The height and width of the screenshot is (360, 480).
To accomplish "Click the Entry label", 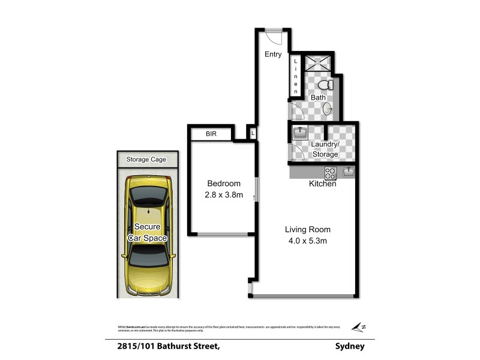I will click(x=273, y=55).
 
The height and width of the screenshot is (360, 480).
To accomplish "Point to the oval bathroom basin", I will click(x=328, y=109).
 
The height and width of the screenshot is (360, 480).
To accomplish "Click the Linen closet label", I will click(x=296, y=76).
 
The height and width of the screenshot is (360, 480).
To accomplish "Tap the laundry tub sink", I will click(x=299, y=133).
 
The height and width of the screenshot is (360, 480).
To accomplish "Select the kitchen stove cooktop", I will click(x=330, y=173).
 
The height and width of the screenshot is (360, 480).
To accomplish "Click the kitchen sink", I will click(x=349, y=173).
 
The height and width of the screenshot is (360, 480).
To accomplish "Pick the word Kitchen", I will click(x=322, y=184).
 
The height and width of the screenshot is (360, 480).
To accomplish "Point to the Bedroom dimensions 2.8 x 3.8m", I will click(x=223, y=195).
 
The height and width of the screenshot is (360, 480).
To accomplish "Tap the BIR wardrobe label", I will click(x=211, y=134).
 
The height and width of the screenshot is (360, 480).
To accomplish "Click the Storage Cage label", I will click(x=146, y=160).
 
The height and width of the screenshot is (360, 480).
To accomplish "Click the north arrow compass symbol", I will click(x=359, y=327).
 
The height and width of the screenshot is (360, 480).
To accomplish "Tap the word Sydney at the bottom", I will click(x=350, y=346).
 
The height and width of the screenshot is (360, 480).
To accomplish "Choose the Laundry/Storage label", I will click(x=325, y=149).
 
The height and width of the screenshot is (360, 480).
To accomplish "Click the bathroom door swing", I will click(x=296, y=112).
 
